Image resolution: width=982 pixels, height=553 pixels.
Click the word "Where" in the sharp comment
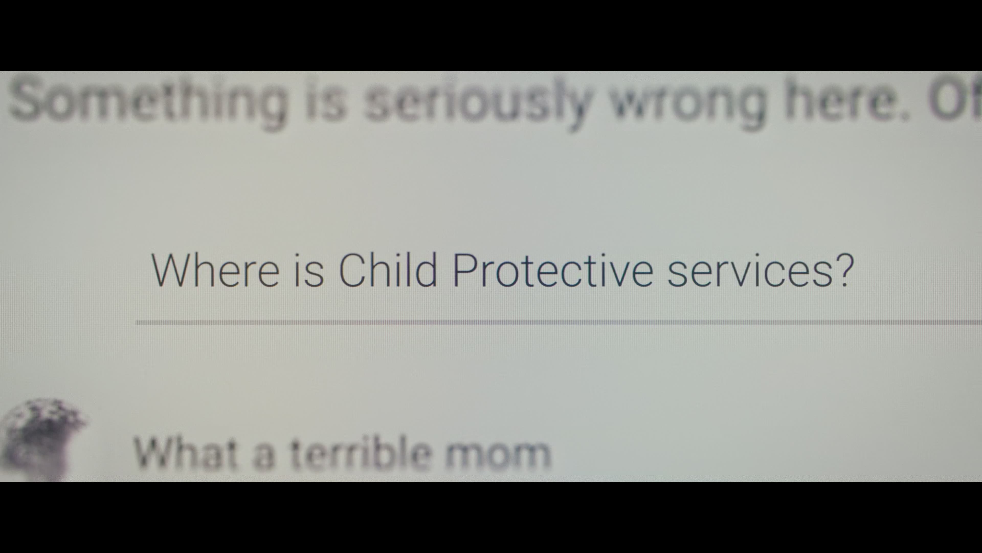pos(215,270)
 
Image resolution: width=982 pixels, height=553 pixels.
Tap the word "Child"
pos(388,269)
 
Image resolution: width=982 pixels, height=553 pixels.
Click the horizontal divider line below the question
pos(559,323)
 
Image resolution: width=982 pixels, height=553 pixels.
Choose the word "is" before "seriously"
pos(326,100)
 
